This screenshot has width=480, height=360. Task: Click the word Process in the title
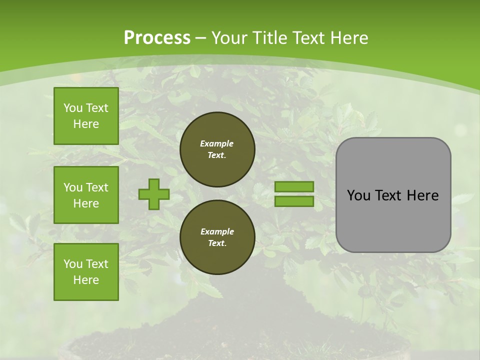tap(157, 38)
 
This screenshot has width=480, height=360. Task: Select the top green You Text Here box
tap(86, 116)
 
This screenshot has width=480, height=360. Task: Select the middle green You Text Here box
tap(86, 195)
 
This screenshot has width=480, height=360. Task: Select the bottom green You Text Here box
tap(86, 272)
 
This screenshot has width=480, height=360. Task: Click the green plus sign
tap(154, 194)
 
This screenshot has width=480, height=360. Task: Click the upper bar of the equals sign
tap(294, 186)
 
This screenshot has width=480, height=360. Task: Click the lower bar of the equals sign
tap(294, 201)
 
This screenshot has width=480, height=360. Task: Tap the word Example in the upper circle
tap(217, 143)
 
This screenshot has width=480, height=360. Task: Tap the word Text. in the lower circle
tap(217, 243)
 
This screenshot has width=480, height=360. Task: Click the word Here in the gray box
tap(422, 195)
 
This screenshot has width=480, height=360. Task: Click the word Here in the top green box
tap(86, 124)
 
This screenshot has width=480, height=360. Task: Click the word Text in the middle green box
tap(97, 187)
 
